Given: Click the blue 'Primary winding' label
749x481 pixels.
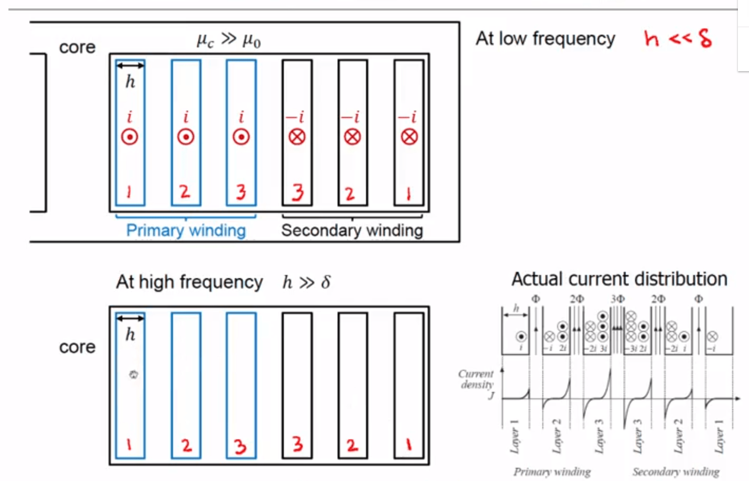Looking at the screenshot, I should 186,230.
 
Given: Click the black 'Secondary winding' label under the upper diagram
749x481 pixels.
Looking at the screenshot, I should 352,230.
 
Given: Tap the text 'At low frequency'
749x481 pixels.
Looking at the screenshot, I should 545,38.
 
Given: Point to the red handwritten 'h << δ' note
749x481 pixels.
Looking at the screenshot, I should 678,38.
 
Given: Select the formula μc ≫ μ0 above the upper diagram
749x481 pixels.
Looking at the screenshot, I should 228,40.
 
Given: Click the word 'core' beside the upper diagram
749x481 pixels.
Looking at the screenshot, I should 77,47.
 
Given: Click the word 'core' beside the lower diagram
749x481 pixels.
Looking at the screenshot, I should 77,347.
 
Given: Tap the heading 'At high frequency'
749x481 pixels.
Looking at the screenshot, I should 189,282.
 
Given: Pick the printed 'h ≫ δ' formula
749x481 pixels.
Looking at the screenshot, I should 306,282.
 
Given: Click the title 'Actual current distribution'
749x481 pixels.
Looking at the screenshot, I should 619,279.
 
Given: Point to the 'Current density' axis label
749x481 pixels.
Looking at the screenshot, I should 476,379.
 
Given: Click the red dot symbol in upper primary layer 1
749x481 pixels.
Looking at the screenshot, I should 130,137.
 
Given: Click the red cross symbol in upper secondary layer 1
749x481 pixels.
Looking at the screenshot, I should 409,137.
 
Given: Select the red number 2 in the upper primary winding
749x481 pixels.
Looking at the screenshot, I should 185,191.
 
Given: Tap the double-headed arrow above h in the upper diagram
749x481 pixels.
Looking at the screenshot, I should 130,66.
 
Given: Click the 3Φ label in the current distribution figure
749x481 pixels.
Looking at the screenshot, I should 617,299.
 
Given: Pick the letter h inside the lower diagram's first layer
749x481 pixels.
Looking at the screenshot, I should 130,335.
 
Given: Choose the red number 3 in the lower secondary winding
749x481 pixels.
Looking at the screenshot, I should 297,445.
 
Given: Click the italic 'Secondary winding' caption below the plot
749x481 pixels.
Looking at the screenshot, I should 676,472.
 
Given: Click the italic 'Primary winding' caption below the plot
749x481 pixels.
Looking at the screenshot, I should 552,472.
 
